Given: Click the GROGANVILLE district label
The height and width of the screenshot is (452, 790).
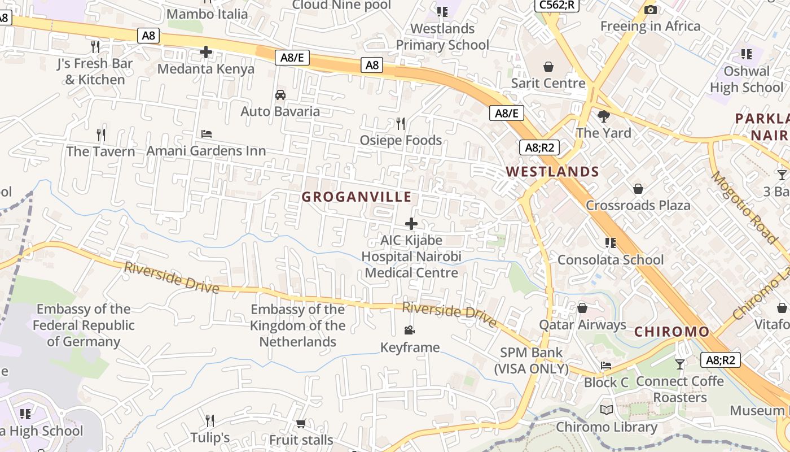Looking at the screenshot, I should pos(356,197).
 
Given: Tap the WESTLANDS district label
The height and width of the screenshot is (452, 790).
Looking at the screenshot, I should pos(552,172).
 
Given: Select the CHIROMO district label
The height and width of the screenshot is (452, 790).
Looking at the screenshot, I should pos(671,332).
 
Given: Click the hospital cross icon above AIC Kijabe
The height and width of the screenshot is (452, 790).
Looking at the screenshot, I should pos(411,223).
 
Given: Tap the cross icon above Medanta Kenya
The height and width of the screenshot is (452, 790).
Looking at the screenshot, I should pos(206,53).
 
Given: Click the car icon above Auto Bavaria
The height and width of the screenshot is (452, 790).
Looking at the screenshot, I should pos(280,94).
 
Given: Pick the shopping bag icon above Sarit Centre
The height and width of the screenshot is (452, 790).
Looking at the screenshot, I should pos(548,67).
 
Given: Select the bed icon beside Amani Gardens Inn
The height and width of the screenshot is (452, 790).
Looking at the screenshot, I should pos(207,134).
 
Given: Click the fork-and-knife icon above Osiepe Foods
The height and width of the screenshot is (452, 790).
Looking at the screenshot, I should pos(401,123).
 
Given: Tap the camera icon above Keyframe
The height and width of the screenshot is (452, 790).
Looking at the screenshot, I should pos(410,330).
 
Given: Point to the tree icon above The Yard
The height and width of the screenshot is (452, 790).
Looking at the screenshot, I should pos(604,116).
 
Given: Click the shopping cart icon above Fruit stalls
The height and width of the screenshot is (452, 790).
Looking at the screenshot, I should pos(301,423).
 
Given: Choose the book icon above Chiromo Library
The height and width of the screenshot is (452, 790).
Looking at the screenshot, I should pos(607,410).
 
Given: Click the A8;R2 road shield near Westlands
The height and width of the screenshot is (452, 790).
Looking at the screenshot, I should pos(539,148).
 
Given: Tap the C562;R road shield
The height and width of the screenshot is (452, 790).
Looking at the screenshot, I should pos(556,5).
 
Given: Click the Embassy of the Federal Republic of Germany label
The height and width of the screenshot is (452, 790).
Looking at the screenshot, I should pos(84,325).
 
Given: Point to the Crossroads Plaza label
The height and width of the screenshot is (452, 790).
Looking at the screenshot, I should pos(638,205).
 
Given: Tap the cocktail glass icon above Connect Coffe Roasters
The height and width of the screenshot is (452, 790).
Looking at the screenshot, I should pos(680,364).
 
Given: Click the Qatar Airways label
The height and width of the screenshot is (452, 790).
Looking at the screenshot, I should pos(582,325).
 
